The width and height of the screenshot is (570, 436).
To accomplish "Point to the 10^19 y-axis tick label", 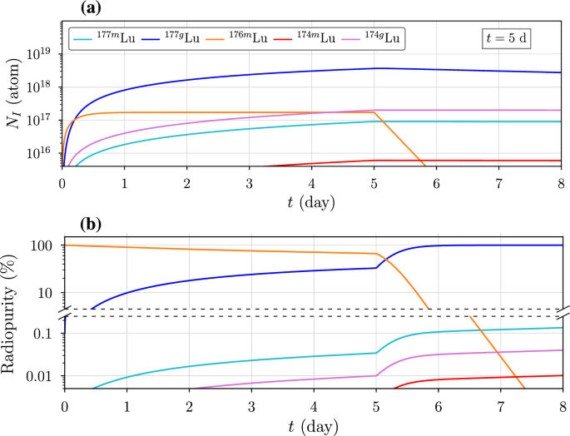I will click(x=40, y=52).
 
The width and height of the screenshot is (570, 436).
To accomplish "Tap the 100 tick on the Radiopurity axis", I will click(x=42, y=245).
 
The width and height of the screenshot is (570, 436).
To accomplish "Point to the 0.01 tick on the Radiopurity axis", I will click(x=38, y=376).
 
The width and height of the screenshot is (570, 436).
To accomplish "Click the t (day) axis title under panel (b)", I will click(x=313, y=424).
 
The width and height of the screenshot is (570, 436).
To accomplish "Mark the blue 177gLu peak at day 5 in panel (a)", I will click(x=376, y=68).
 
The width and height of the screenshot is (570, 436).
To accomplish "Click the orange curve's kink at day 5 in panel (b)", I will click(x=376, y=254).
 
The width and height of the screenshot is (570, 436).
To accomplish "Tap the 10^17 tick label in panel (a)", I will click(x=40, y=119).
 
